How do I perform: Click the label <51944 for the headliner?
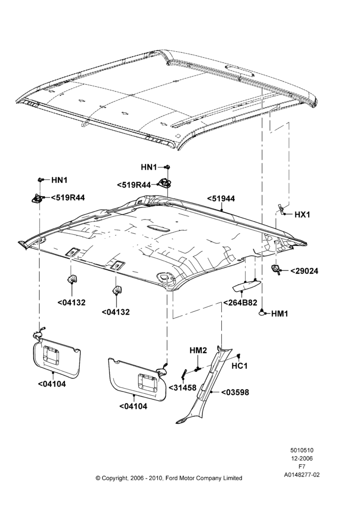pos(221,199)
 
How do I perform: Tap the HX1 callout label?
pos(302,215)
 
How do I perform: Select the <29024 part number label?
pos(304,271)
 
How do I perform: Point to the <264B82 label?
pos(240,303)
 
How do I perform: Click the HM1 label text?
pos(280,313)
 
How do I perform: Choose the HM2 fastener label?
pos(198,351)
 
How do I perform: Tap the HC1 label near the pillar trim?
pos(239,366)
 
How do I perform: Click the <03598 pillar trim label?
pos(235,392)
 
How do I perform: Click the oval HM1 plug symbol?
pos(262,312)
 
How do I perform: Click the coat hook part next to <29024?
pos(276,269)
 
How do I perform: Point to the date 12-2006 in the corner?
pos(302,458)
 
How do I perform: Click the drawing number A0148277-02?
pos(302,474)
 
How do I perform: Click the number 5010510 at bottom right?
pos(302,450)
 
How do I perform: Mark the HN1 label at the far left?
pos(59,180)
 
